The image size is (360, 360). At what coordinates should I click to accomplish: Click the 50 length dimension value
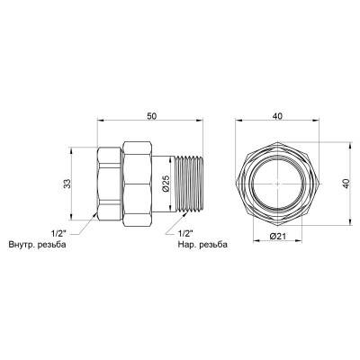tap(151, 116)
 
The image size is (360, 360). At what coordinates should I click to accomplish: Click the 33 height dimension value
tap(67, 184)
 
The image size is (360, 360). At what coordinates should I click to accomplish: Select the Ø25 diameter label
tap(166, 184)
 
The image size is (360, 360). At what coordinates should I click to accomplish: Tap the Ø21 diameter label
tap(277, 236)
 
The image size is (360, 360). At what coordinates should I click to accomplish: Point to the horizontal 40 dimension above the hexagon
tap(277, 116)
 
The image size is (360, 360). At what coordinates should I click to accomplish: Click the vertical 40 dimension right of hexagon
tap(346, 184)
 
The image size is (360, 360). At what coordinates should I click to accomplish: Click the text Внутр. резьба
tap(38, 244)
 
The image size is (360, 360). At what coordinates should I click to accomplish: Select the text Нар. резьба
tap(202, 244)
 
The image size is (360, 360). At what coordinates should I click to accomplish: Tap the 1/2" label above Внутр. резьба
tap(58, 233)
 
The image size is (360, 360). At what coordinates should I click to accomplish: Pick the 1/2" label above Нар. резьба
tap(185, 233)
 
